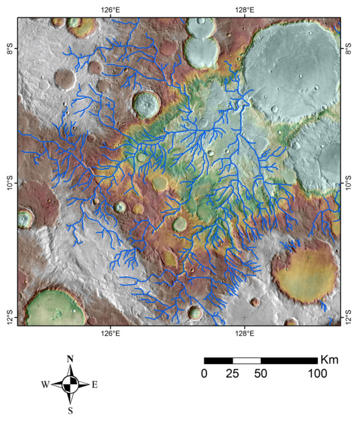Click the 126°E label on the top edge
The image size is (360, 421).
pyautogui.click(x=111, y=10)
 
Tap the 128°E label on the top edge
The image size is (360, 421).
pyautogui.click(x=245, y=10)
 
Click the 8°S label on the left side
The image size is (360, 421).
pyautogui.click(x=9, y=51)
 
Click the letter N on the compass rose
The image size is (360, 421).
pyautogui.click(x=70, y=359)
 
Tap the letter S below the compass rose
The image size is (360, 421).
pyautogui.click(x=70, y=410)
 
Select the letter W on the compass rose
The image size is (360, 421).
pyautogui.click(x=45, y=385)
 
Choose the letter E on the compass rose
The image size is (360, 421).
pyautogui.click(x=95, y=385)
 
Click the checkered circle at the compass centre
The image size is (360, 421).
pyautogui.click(x=70, y=385)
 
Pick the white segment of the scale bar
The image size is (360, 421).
pyautogui.click(x=246, y=361)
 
